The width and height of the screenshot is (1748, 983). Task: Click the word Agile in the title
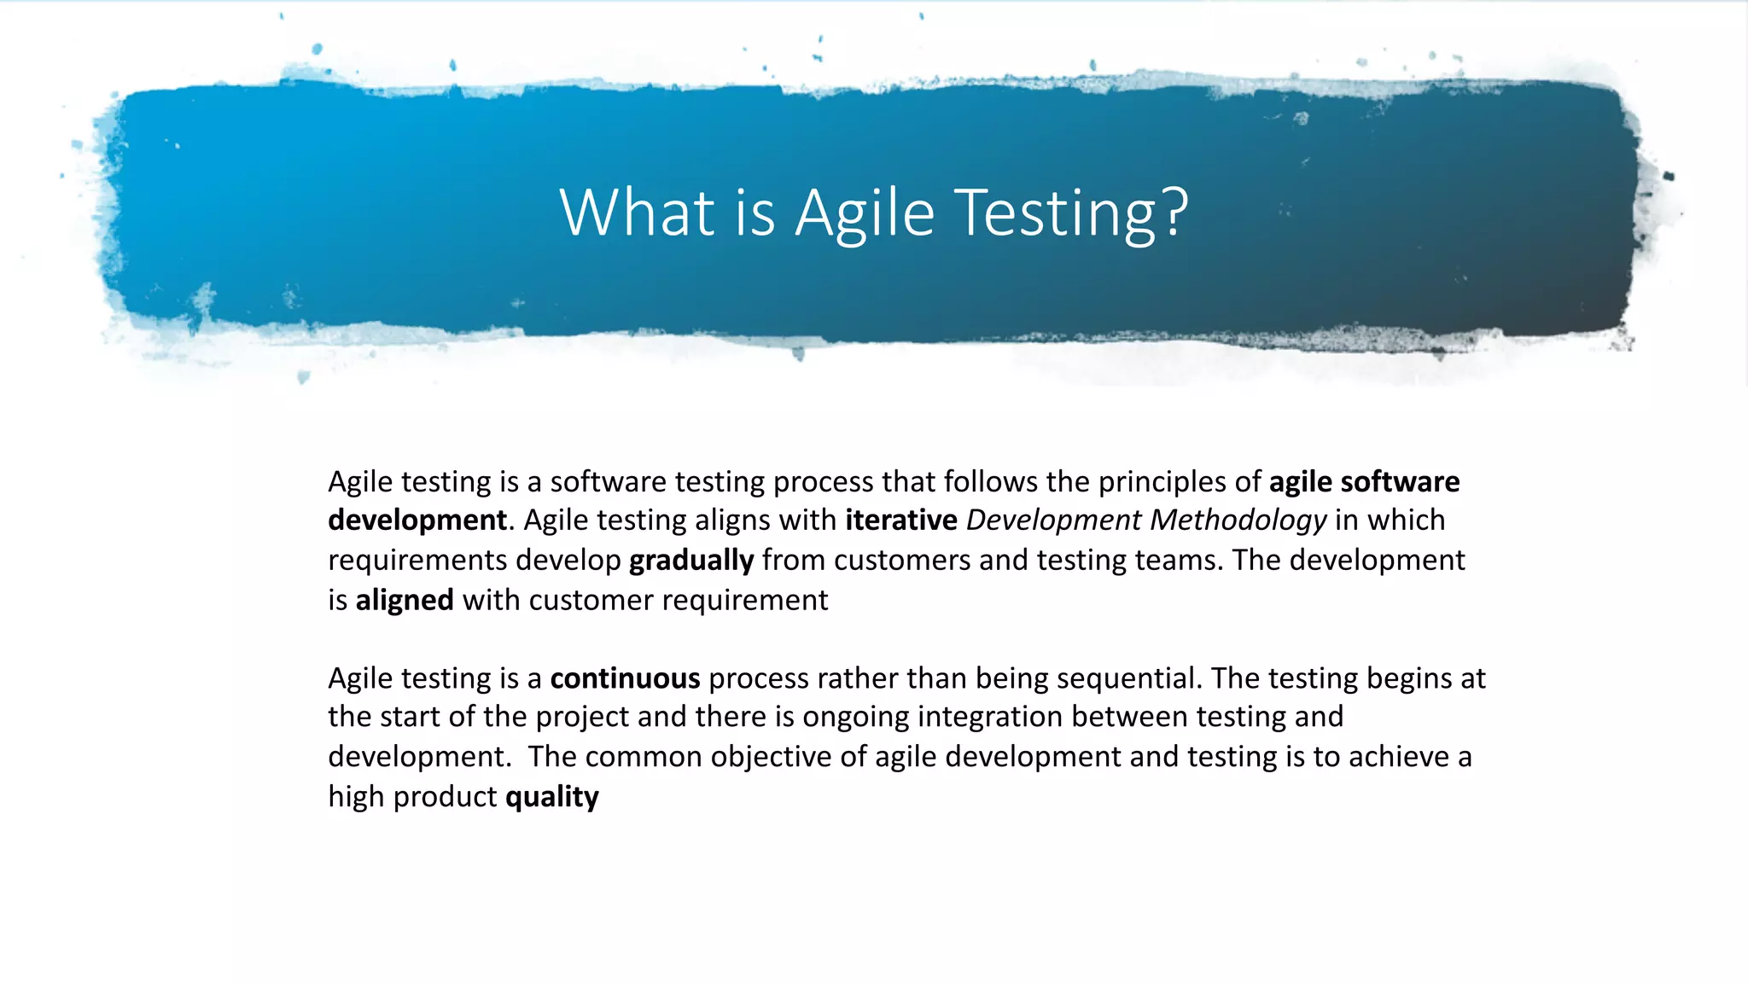click(x=865, y=213)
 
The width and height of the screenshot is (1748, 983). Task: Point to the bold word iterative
click(x=901, y=520)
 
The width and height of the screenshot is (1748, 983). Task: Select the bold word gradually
click(x=691, y=561)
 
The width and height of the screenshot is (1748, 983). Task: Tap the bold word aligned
click(x=405, y=600)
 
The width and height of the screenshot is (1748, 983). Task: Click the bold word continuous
click(x=625, y=678)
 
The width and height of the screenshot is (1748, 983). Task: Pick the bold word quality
click(x=552, y=797)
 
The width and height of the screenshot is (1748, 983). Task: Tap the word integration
click(x=990, y=717)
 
